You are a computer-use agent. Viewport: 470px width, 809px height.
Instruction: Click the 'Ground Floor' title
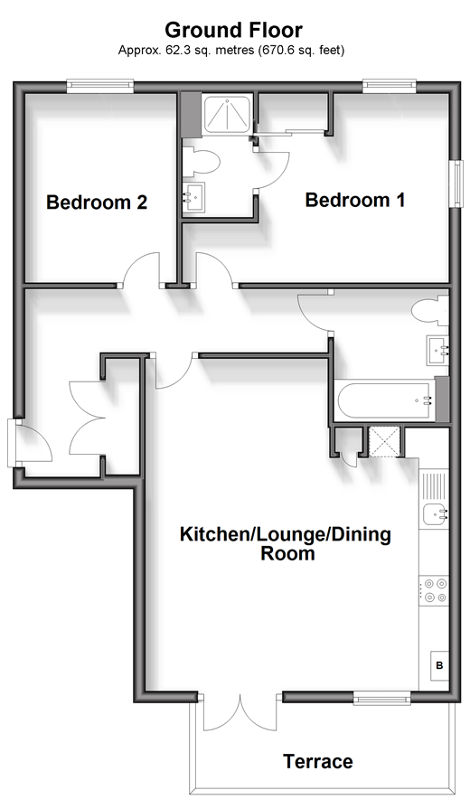click(x=234, y=31)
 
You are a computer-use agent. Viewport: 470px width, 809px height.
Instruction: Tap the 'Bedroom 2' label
click(x=97, y=202)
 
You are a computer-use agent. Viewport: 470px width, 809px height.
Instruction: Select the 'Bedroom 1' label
click(x=355, y=200)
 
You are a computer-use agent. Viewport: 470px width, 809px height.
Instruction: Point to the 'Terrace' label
click(x=318, y=761)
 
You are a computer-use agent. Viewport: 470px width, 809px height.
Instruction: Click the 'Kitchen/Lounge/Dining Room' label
click(x=286, y=543)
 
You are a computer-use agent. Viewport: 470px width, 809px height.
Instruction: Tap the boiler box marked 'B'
click(x=439, y=665)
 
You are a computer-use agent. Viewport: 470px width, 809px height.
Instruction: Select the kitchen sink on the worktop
click(x=434, y=514)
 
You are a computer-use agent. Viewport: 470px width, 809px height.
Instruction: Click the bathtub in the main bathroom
click(x=385, y=400)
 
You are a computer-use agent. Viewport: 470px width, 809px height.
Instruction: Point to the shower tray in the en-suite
click(x=228, y=115)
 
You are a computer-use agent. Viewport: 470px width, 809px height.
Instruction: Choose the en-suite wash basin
click(x=193, y=196)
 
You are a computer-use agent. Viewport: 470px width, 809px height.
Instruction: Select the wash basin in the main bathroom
click(x=437, y=351)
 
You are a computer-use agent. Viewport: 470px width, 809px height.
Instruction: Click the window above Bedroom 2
click(x=100, y=86)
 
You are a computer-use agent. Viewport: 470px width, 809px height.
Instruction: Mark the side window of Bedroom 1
click(x=456, y=184)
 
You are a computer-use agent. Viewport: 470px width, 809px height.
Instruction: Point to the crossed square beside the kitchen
click(x=383, y=442)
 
